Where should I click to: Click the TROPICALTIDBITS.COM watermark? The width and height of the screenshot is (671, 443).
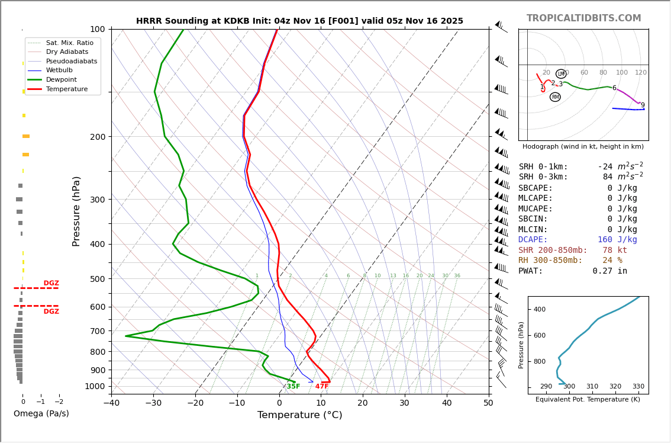tap(583, 18)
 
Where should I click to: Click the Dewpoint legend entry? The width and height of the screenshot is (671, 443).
tap(62, 79)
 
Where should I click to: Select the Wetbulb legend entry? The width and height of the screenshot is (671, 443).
tap(60, 70)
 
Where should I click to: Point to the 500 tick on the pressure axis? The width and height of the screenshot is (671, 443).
tap(97, 279)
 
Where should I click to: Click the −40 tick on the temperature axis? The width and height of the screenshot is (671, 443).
tap(111, 403)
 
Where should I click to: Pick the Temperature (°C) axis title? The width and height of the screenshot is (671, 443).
tap(299, 415)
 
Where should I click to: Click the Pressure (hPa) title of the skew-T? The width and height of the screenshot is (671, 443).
tap(77, 211)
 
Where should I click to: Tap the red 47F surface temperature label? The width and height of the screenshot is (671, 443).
tap(322, 387)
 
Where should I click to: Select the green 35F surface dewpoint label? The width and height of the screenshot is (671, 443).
tap(293, 387)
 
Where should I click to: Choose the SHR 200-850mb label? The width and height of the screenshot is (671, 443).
tap(553, 250)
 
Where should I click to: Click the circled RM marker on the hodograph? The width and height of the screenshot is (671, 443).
tap(555, 97)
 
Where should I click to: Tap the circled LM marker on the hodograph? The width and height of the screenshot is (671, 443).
tap(561, 74)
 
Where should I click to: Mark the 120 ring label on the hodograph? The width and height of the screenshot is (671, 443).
tap(641, 73)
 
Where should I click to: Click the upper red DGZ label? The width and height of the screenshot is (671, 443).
tap(51, 283)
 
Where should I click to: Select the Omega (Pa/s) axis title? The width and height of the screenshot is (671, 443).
tap(41, 414)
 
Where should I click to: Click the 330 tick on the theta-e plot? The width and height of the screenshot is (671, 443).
tap(638, 386)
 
